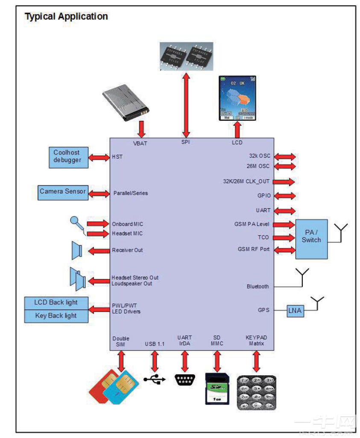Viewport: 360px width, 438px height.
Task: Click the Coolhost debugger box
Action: (67, 157)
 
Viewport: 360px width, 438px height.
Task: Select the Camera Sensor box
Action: (63, 192)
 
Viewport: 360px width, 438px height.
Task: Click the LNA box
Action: (295, 311)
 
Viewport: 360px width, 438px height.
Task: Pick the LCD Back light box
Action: (56, 303)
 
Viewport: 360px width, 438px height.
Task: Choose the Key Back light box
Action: (56, 316)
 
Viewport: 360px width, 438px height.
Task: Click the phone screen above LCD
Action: (237, 98)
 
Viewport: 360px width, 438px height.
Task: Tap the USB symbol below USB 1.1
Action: (154, 379)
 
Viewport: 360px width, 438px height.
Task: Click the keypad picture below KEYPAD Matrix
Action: (256, 392)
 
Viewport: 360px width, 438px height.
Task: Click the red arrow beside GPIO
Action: (284, 196)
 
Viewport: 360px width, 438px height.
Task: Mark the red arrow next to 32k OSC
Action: (284, 156)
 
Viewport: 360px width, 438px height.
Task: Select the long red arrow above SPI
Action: (186, 105)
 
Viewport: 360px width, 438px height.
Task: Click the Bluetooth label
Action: (258, 286)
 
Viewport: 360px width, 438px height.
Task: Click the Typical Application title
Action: (66, 17)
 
